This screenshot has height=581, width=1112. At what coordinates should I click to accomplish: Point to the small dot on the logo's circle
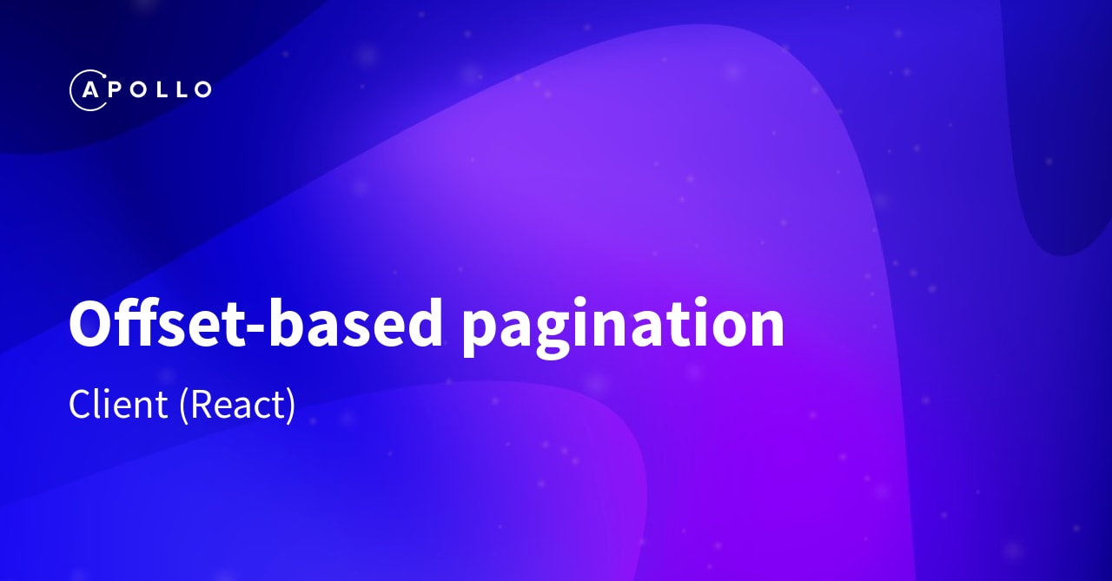105,77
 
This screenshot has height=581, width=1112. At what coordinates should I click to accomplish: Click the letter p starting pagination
482,334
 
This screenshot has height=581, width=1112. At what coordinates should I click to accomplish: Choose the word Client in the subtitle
118,405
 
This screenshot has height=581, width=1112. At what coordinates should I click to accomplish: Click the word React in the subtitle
237,405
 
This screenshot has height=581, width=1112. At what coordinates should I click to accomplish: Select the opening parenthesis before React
183,406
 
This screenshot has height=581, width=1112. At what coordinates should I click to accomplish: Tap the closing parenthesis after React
290,406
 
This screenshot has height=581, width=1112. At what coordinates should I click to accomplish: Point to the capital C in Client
81,405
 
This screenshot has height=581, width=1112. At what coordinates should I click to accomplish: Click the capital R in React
200,405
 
